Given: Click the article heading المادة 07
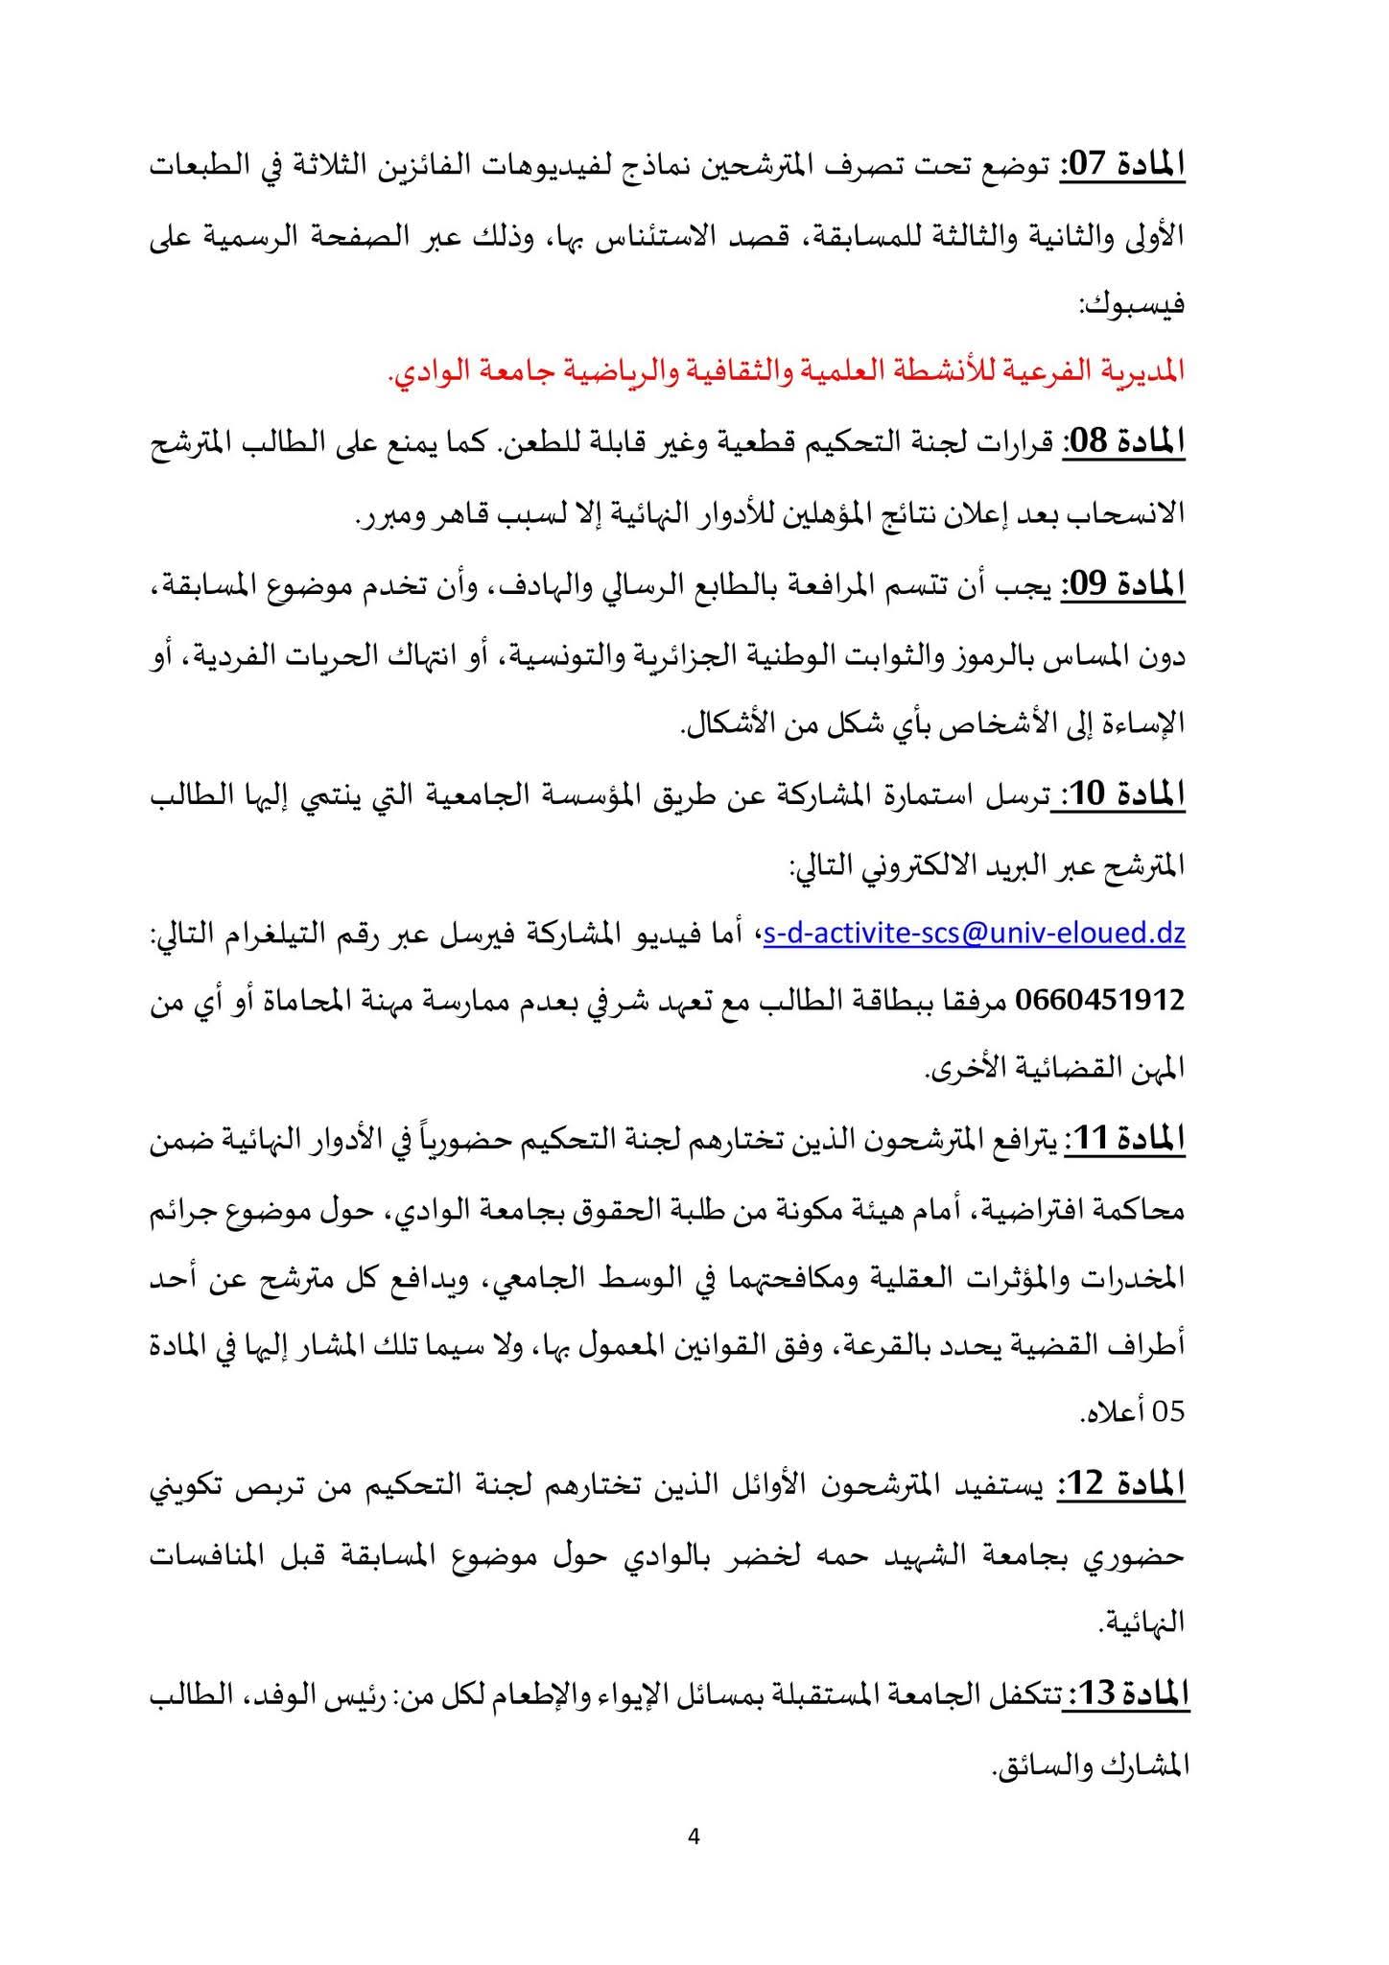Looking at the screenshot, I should click(1123, 164).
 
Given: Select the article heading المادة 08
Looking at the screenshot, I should click(1123, 443).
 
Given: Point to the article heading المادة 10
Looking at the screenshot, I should click(1123, 793).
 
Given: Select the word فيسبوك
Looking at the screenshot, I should click(1135, 305).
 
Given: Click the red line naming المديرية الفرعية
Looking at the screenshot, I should click(787, 373).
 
